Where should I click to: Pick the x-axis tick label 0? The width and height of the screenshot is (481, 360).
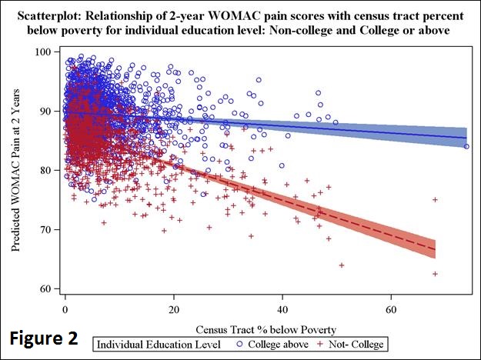point(65,310)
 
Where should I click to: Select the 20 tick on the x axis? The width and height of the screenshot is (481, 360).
point(174,310)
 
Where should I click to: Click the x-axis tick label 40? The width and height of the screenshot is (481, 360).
point(282,310)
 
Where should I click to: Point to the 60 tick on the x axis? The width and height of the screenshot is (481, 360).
point(391,310)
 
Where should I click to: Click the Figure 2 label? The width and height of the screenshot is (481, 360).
point(48,339)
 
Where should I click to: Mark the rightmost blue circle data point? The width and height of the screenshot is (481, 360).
point(466,146)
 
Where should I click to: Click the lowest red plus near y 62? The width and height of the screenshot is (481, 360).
point(435,274)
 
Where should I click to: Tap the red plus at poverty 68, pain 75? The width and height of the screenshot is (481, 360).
point(435,199)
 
